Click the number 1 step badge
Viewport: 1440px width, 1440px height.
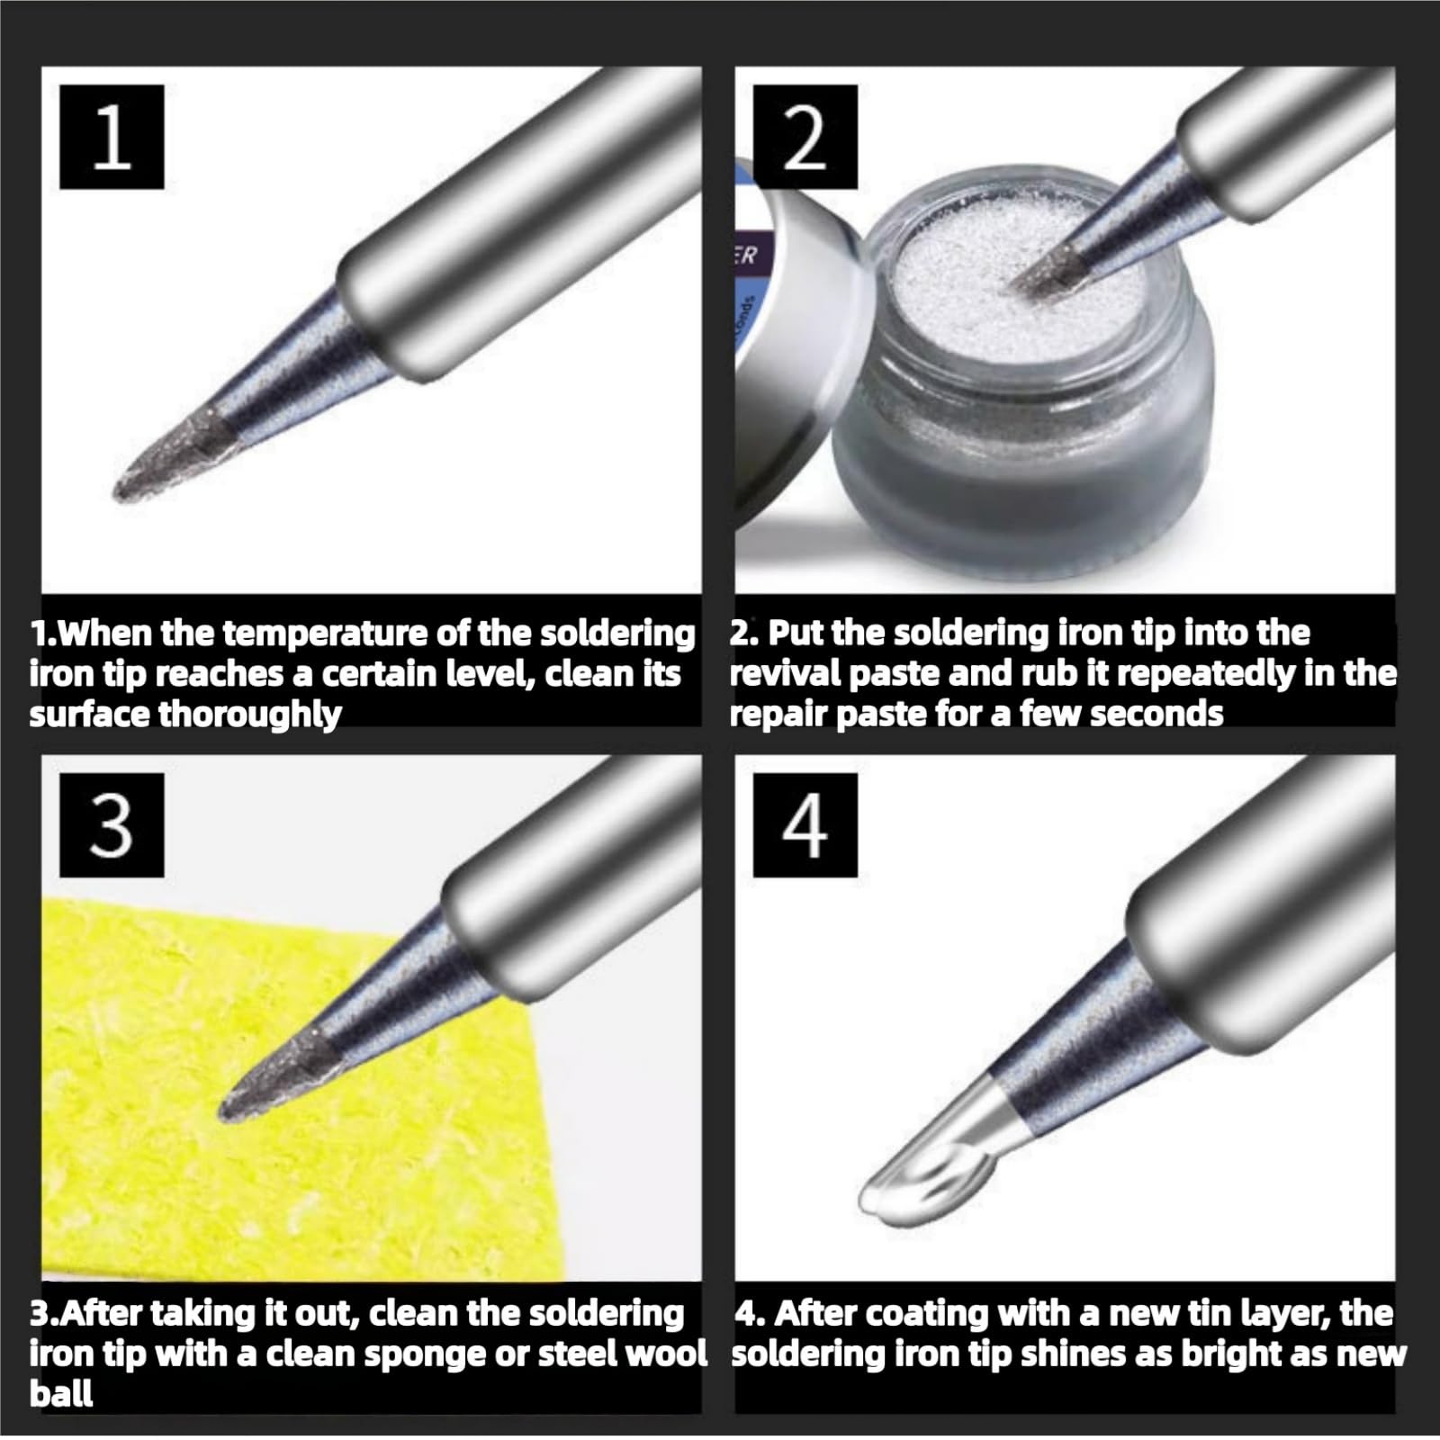(112, 137)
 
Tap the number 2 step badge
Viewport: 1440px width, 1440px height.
(805, 137)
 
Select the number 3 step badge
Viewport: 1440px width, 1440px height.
(112, 825)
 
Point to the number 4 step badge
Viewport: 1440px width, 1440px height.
(805, 825)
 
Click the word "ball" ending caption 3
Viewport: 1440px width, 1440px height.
(61, 1393)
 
